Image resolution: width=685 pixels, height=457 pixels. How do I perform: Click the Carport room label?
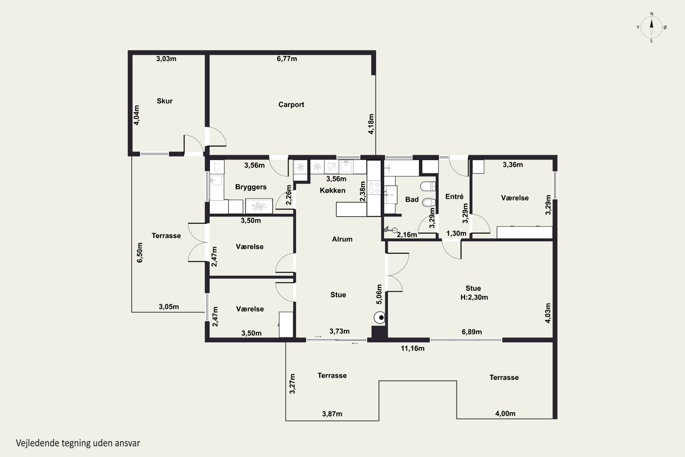(x=291, y=104)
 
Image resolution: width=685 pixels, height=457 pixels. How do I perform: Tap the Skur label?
(x=165, y=101)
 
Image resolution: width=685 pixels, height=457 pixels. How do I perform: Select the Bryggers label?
(x=251, y=187)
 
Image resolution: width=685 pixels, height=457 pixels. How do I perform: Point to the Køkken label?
(x=332, y=190)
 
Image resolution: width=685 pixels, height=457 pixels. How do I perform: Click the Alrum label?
(x=342, y=239)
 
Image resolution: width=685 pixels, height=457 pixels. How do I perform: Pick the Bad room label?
(x=412, y=199)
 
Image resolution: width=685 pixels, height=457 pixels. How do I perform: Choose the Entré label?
(x=454, y=197)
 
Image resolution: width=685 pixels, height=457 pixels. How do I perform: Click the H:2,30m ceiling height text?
(x=474, y=297)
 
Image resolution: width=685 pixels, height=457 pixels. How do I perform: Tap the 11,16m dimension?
(x=412, y=348)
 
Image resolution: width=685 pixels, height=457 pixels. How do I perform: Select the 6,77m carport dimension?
(x=287, y=58)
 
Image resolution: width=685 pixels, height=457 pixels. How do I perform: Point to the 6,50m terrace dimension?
(x=140, y=252)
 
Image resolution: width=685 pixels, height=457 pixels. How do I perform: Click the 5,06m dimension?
(x=379, y=294)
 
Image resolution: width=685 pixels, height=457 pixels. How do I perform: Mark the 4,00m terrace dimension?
(x=505, y=413)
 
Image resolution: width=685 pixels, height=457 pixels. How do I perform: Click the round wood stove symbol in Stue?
(x=379, y=317)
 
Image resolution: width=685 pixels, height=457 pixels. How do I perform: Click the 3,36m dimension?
(x=513, y=165)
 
